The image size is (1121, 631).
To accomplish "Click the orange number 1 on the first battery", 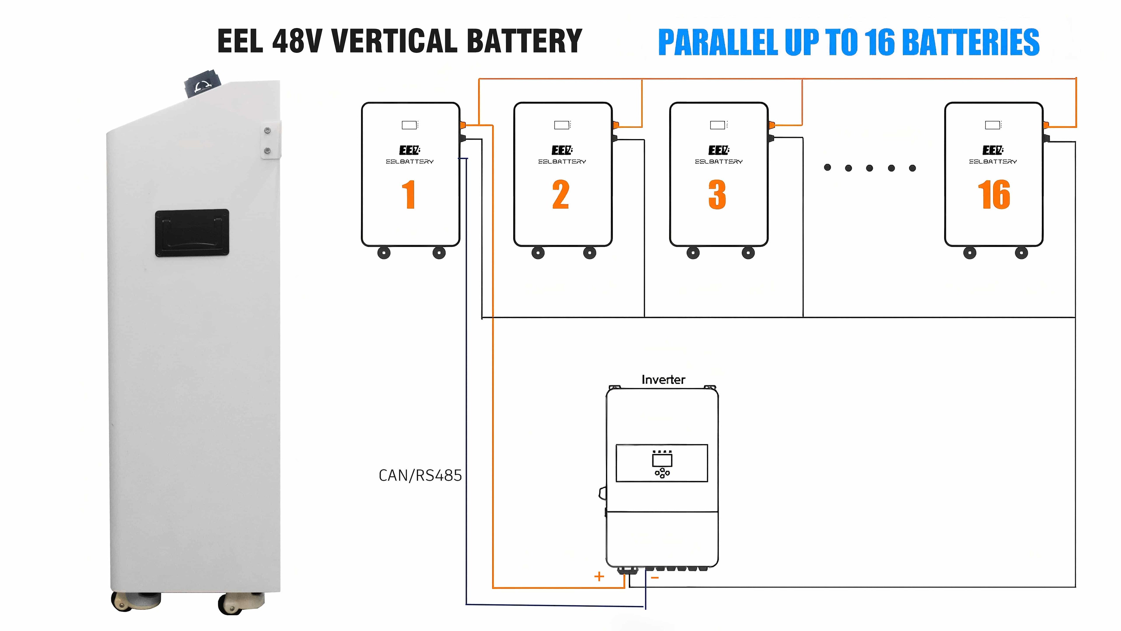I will pos(408,195).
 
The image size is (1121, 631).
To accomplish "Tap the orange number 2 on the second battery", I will pos(561,195).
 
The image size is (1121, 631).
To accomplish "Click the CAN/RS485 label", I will pos(420,476).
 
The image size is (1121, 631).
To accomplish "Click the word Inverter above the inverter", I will pos(663,380).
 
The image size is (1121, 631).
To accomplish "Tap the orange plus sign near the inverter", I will pos(599,577).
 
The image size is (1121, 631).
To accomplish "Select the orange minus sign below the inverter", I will pos(655,578).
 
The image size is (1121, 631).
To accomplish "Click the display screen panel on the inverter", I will pos(662,463).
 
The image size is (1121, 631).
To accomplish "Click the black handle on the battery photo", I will pos(192,233).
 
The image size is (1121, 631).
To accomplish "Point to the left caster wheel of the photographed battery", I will pos(122,602).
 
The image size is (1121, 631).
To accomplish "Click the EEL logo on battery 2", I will pos(562,150).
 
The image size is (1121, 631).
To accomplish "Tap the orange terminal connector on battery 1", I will pos(463,125).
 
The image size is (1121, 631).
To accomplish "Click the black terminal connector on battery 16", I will pos(1047,138).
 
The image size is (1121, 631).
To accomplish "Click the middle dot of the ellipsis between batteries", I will pos(869,168).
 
